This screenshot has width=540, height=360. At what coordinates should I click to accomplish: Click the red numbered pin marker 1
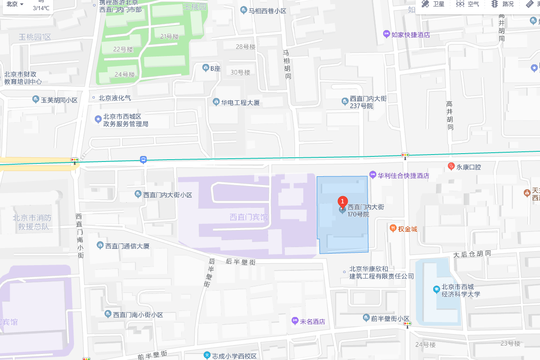[342, 201]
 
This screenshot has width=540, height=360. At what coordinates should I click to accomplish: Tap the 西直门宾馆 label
[249, 217]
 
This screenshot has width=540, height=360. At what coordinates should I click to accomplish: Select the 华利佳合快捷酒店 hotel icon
[373, 175]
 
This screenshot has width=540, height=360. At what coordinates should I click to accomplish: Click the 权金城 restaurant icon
[393, 228]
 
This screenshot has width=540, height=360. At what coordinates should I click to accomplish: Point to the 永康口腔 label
[469, 167]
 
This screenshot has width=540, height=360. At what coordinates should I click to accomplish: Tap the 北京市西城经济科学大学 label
[460, 290]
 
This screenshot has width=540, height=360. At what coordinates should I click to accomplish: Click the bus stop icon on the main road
[143, 160]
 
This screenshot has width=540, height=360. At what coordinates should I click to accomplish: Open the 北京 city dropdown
[15, 4]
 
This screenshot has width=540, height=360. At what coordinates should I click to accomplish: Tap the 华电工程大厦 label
[240, 102]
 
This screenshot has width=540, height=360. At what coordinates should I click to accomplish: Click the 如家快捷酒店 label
[411, 35]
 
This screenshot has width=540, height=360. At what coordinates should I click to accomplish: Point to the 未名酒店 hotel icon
[295, 321]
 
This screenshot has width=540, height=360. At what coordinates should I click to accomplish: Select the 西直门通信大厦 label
[127, 246]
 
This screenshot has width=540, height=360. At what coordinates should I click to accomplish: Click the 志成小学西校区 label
[234, 356]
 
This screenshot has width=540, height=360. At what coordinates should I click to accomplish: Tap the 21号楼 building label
[169, 37]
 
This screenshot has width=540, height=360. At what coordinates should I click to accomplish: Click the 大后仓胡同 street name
[472, 254]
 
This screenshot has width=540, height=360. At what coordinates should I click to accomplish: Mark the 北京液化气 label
[115, 98]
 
